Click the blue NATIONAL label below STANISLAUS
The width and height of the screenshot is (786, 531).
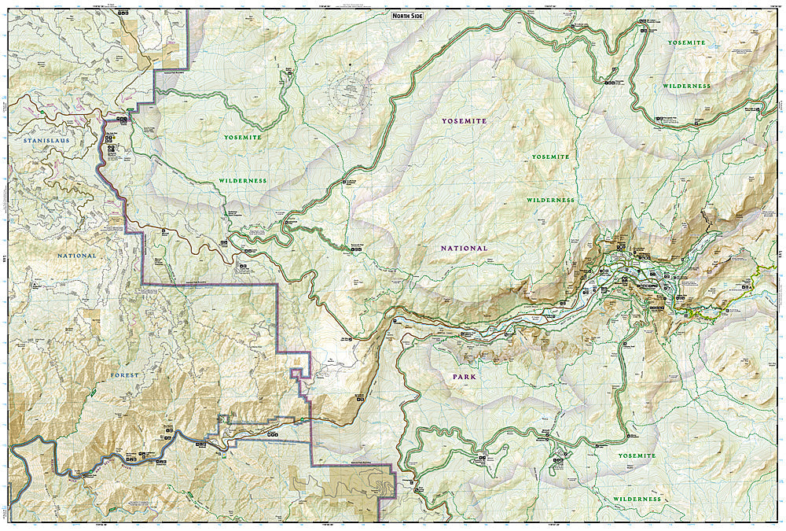[x=76, y=256]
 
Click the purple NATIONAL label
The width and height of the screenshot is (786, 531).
[x=464, y=248]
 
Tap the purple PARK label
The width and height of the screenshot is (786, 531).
[x=464, y=377]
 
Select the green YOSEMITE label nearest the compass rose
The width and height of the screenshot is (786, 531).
[x=241, y=137]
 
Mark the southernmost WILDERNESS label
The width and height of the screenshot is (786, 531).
[x=636, y=499]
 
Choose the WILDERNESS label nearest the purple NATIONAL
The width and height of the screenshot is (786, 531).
[x=550, y=201]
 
